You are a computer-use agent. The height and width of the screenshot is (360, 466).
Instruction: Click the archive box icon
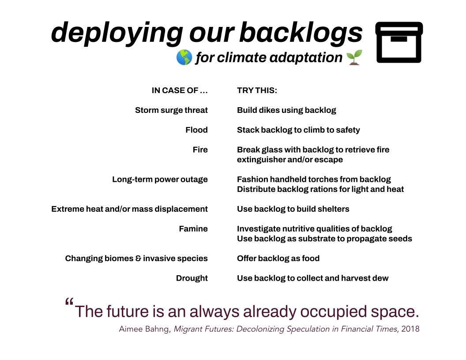coord(399,42)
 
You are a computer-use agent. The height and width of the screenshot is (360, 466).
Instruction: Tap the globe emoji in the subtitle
coord(184,57)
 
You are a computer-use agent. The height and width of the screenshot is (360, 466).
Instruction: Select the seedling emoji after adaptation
coord(354,57)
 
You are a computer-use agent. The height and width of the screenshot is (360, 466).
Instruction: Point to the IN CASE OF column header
coord(179,90)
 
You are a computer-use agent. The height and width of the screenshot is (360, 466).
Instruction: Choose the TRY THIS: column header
coord(257,90)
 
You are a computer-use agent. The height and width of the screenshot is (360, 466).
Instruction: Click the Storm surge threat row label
coord(171,110)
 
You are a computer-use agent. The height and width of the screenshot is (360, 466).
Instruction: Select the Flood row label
coord(196,130)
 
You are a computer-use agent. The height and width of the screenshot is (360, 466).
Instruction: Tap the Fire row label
coord(200,150)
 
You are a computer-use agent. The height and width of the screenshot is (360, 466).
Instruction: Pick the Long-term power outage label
coord(160,180)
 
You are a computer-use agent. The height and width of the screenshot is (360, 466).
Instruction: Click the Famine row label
coord(193,229)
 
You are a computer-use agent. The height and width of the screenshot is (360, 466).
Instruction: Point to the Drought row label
coord(192,278)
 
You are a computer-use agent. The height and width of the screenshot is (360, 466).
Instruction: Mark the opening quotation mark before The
coord(69,303)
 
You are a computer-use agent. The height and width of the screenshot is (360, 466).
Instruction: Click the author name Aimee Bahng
coord(144,329)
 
